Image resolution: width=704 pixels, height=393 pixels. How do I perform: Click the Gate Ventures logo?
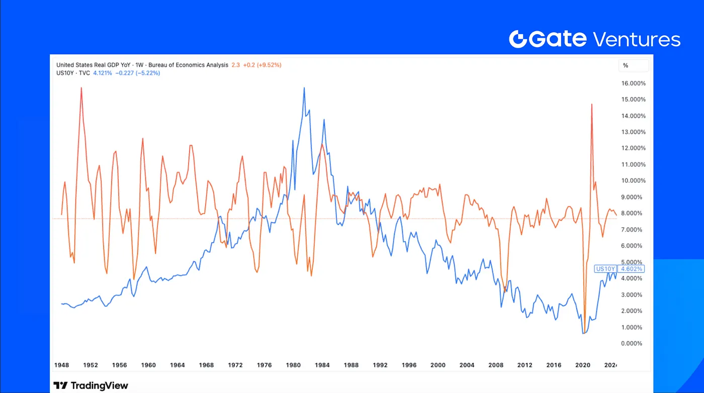pyautogui.click(x=594, y=39)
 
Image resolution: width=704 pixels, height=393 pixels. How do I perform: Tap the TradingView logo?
pyautogui.click(x=91, y=385)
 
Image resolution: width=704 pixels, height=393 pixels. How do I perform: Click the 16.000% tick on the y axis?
pyautogui.click(x=633, y=83)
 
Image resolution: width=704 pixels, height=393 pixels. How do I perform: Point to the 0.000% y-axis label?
pyautogui.click(x=633, y=344)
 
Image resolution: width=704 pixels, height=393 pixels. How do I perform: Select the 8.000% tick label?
pyautogui.click(x=633, y=214)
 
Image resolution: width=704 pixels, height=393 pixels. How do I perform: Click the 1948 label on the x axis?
pyautogui.click(x=62, y=365)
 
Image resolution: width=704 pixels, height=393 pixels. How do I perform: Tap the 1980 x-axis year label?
pyautogui.click(x=293, y=365)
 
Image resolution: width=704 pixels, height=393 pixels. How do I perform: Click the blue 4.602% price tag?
pyautogui.click(x=632, y=269)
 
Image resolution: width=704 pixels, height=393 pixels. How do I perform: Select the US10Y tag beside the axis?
pyautogui.click(x=605, y=269)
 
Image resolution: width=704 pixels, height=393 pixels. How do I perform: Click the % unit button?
pyautogui.click(x=626, y=65)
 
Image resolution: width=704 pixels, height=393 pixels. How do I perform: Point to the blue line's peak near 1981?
pyautogui.click(x=304, y=88)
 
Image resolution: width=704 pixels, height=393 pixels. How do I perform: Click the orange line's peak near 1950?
pyautogui.click(x=81, y=88)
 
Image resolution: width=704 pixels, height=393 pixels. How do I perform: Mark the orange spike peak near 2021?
pyautogui.click(x=592, y=105)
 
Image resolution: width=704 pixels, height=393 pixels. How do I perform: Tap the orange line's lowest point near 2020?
pyautogui.click(x=584, y=332)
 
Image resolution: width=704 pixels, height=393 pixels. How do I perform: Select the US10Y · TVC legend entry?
pyautogui.click(x=73, y=73)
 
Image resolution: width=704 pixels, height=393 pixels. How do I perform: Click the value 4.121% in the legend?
pyautogui.click(x=102, y=73)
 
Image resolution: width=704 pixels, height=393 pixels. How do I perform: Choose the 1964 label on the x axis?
pyautogui.click(x=178, y=365)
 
